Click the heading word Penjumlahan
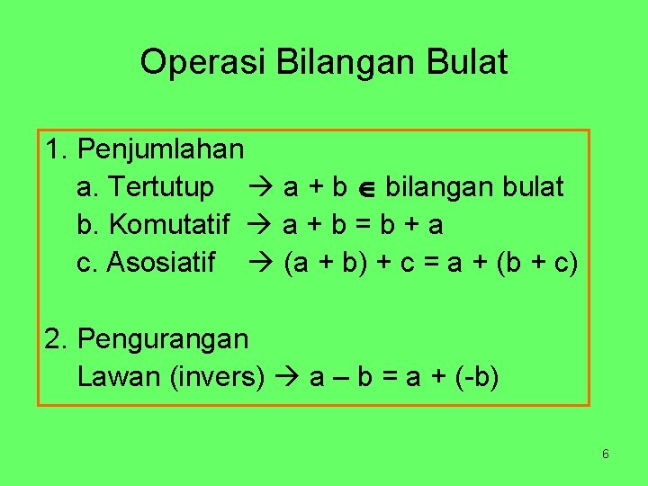(162, 148)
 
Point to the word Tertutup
(160, 187)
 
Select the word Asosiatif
(161, 263)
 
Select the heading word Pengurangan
(164, 339)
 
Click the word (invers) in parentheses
(218, 377)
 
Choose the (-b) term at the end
(478, 377)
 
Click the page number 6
(606, 454)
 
